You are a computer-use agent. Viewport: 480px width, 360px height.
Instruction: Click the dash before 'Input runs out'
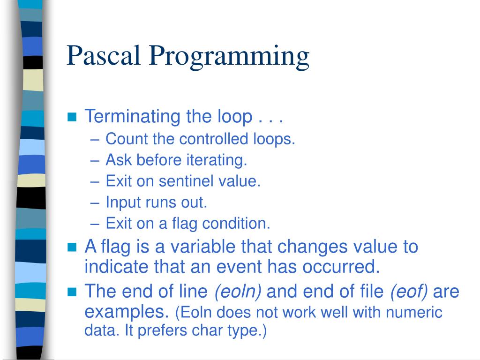(x=95, y=203)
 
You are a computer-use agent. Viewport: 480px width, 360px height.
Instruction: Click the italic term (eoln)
(x=238, y=292)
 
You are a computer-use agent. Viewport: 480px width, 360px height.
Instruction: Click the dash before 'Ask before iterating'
(x=95, y=161)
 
